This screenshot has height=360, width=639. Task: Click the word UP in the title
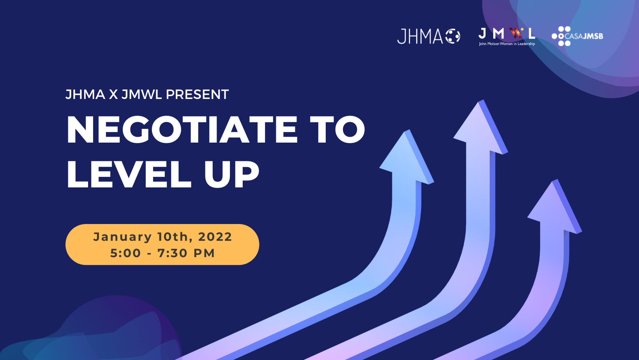[x=231, y=174]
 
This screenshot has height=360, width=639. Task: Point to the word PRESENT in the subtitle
[x=197, y=94]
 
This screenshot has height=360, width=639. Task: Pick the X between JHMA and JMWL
[x=113, y=94]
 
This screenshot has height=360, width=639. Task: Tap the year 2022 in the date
[x=215, y=237]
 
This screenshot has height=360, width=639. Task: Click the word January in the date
[x=122, y=237]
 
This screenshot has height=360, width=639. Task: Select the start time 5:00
[x=125, y=253]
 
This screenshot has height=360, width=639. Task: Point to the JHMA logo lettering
[x=420, y=37]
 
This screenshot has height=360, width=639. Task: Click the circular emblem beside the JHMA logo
[x=453, y=36]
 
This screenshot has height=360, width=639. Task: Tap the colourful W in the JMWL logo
[x=517, y=33]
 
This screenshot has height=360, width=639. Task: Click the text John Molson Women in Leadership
[x=507, y=44]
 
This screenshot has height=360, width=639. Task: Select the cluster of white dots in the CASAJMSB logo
[x=561, y=36]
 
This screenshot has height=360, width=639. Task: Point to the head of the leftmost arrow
[x=406, y=157]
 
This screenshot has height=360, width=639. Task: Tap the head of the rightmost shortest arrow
[x=554, y=206]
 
